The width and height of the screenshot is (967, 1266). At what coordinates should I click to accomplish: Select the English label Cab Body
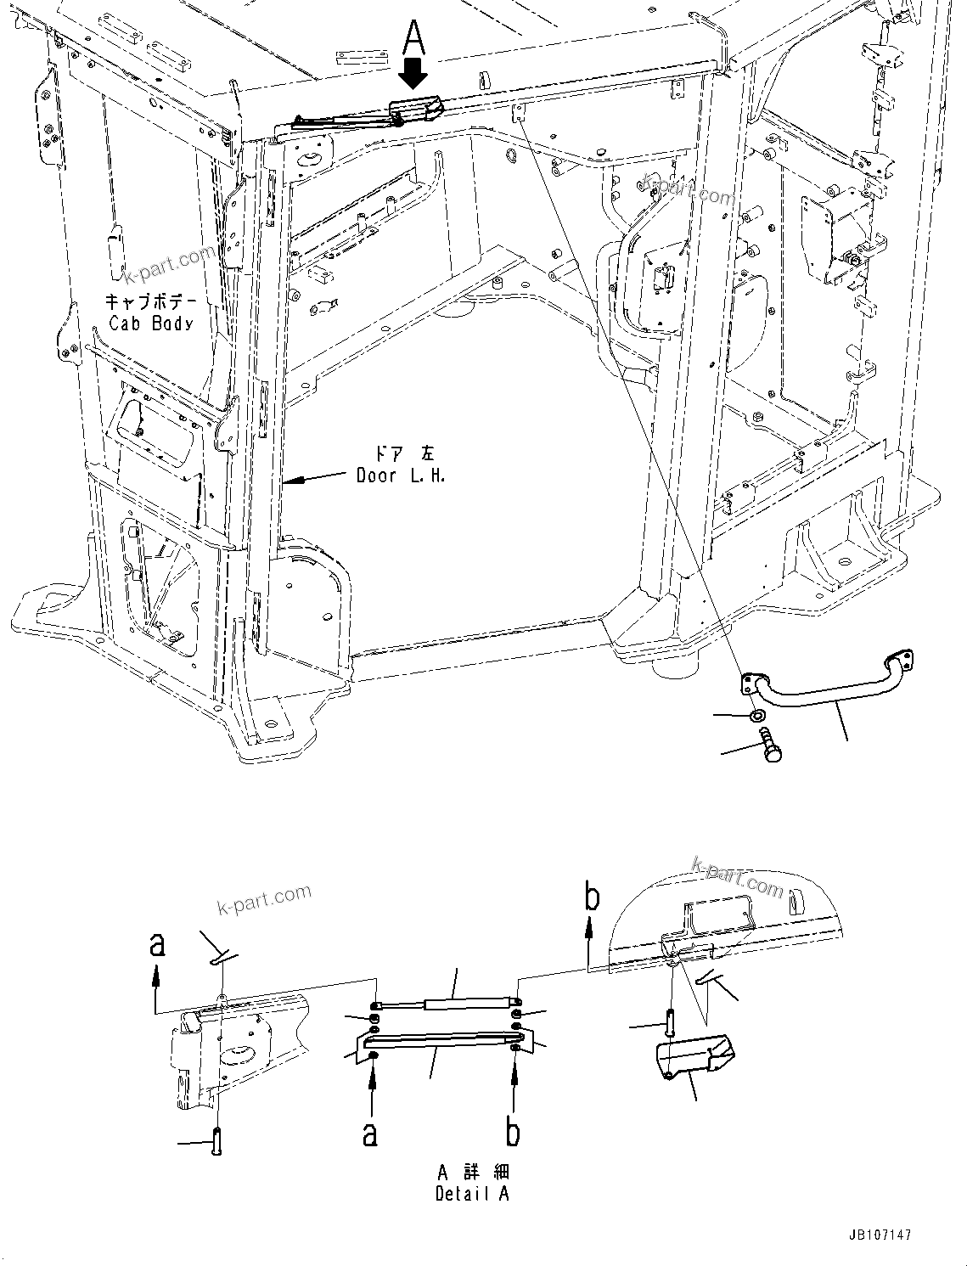tap(151, 324)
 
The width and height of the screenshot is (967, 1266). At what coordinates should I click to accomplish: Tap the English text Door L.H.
tap(401, 475)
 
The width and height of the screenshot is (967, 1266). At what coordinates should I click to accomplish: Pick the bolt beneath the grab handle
tap(771, 743)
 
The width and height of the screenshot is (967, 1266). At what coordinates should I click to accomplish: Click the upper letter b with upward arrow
tap(592, 898)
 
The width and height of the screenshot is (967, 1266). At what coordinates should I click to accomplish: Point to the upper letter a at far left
tap(156, 944)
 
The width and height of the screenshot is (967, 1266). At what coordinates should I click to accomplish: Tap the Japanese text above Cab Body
tap(150, 301)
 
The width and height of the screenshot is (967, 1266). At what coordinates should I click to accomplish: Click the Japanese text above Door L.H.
tap(401, 453)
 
